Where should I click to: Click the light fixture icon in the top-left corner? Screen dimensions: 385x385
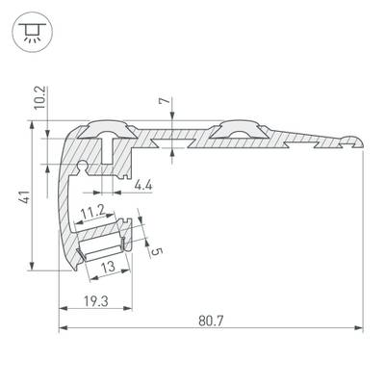click(x=29, y=30)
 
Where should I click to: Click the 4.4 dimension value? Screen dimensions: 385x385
click(x=142, y=184)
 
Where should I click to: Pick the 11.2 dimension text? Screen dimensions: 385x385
click(x=92, y=211)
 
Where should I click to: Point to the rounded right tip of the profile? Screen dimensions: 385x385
click(x=357, y=141)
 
